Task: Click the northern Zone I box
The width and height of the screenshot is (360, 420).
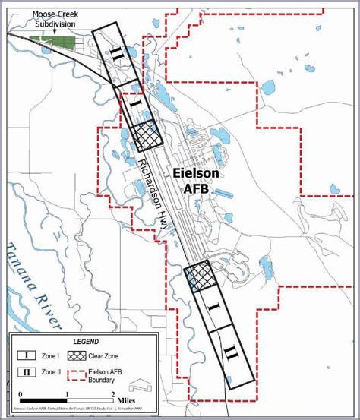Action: click(134, 102)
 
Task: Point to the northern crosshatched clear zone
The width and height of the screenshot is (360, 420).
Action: click(145, 134)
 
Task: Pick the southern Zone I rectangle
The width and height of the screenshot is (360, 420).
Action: click(215, 307)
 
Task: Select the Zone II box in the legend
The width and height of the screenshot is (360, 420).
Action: click(27, 373)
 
